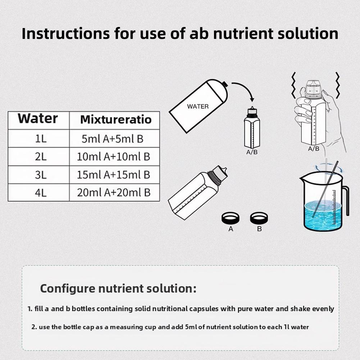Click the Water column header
click(x=38, y=118)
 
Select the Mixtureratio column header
click(x=115, y=119)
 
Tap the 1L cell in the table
click(x=41, y=139)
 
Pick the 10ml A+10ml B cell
click(x=113, y=156)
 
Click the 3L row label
click(x=41, y=175)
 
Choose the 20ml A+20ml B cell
click(x=113, y=192)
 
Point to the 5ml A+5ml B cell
click(x=112, y=139)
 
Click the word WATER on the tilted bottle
click(x=197, y=106)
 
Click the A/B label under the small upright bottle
click(x=251, y=152)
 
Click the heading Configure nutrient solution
click(x=118, y=288)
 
